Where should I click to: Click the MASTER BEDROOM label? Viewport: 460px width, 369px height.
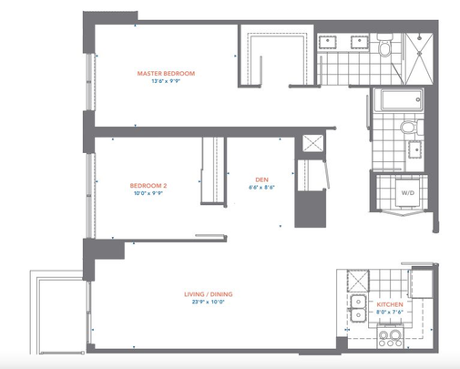[166, 73]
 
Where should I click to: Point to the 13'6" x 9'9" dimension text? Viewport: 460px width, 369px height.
[166, 82]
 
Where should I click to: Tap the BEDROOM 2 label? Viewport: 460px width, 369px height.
[148, 184]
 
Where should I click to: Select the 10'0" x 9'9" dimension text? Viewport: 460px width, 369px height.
[148, 193]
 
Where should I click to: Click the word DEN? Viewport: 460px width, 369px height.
[261, 179]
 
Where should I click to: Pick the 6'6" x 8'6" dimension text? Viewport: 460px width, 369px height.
[261, 189]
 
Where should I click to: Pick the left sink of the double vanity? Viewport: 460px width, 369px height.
[330, 42]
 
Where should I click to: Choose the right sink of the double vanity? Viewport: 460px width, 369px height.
[359, 42]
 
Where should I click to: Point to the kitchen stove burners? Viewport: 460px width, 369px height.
[391, 338]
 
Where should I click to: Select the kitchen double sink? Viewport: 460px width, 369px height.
[356, 306]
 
